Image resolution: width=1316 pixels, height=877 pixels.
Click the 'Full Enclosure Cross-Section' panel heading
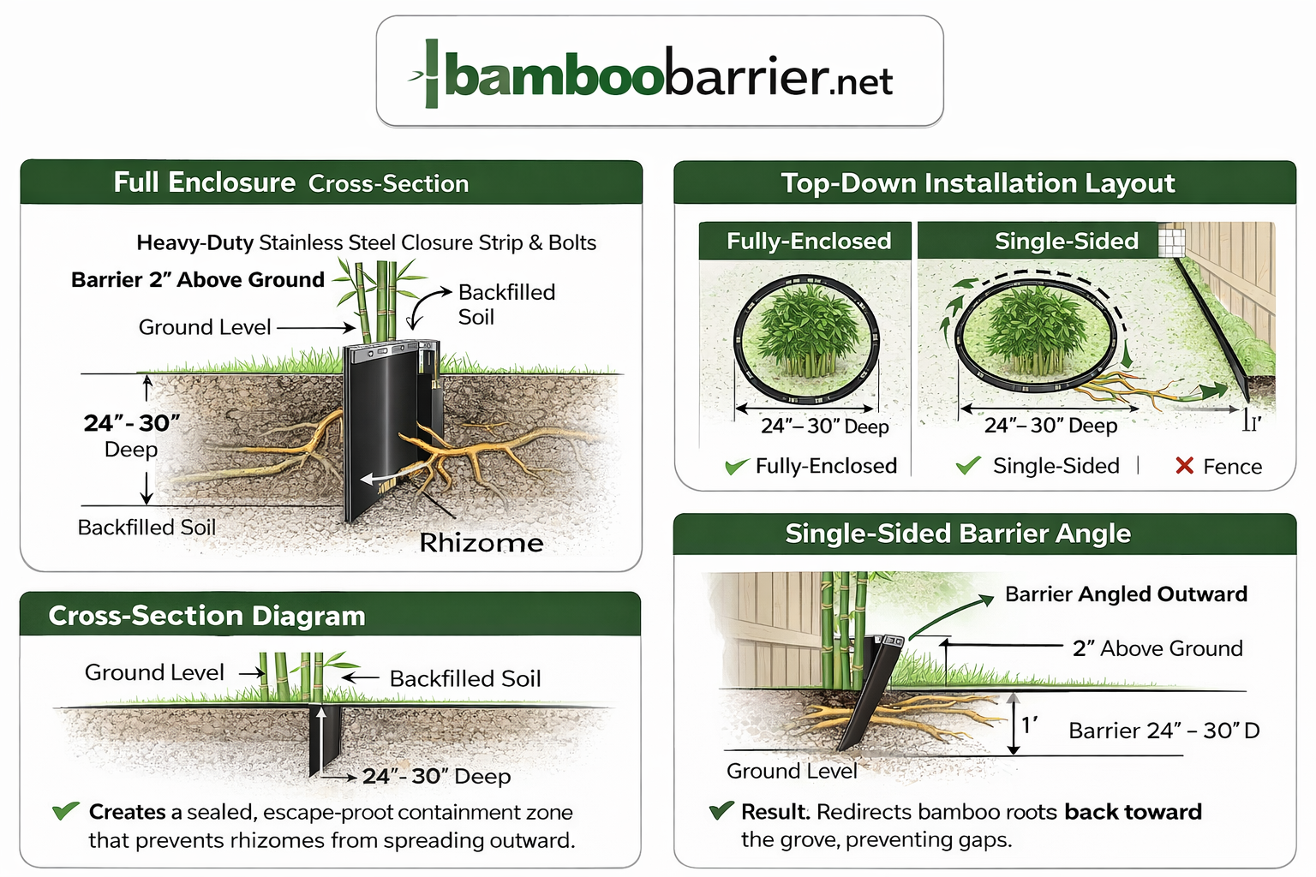click(x=291, y=182)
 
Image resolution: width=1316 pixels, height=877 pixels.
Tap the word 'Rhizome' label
click(x=482, y=543)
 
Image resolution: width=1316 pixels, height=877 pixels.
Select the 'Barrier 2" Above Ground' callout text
click(x=198, y=280)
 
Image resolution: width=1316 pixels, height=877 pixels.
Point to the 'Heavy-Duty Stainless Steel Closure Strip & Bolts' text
click(x=366, y=242)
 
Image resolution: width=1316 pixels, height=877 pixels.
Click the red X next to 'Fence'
click(x=1185, y=466)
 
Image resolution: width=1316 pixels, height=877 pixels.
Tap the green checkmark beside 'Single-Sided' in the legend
click(x=968, y=466)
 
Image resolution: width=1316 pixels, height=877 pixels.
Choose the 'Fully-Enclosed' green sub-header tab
click(x=809, y=242)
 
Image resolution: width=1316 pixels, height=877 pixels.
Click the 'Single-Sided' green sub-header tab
click(x=1066, y=242)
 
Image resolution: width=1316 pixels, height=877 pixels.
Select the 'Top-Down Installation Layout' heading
click(x=978, y=183)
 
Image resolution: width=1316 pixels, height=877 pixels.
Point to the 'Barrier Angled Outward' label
click(x=1126, y=594)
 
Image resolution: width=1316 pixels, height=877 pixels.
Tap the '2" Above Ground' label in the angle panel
click(x=1157, y=648)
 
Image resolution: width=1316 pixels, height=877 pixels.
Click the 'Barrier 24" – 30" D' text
click(x=1163, y=731)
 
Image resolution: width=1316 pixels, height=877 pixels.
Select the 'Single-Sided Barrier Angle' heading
click(x=958, y=534)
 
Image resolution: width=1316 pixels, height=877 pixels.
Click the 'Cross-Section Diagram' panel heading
click(x=207, y=616)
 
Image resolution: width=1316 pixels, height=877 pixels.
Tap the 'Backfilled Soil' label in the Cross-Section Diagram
click(x=465, y=679)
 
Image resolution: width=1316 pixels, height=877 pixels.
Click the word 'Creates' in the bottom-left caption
click(x=128, y=812)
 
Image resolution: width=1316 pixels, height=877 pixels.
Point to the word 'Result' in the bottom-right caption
click(x=775, y=812)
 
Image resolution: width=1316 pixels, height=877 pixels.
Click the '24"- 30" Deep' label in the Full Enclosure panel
click(x=132, y=435)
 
